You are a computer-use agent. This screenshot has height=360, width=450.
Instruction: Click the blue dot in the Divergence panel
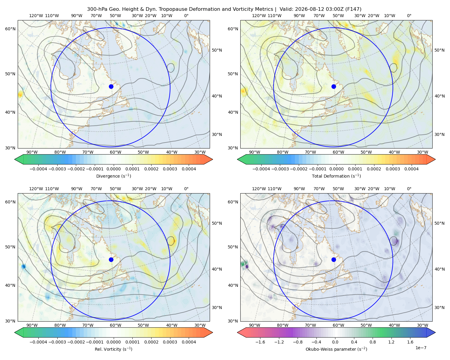tap(111, 86)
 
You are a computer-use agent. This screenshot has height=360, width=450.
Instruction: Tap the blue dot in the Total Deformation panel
tap(334, 86)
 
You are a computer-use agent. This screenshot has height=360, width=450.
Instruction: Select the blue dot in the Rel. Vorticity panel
tap(111, 259)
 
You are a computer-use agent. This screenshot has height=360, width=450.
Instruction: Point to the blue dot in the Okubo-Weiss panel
tap(334, 259)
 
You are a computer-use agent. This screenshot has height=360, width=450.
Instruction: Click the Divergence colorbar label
tap(113, 176)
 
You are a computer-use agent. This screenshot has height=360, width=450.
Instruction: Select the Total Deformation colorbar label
tap(336, 176)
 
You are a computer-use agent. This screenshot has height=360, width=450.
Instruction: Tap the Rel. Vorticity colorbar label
tap(113, 349)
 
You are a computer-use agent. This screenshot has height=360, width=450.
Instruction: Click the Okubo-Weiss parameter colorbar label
tap(336, 349)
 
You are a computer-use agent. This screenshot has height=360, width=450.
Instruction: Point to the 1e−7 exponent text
tap(421, 348)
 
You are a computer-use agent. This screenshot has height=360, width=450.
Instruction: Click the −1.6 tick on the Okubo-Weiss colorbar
tap(260, 342)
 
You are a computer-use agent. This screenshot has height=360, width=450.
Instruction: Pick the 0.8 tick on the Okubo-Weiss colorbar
tap(373, 342)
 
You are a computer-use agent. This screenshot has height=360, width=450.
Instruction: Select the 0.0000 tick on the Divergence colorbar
tap(113, 169)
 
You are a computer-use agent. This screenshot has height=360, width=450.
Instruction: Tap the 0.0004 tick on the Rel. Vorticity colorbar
tap(189, 342)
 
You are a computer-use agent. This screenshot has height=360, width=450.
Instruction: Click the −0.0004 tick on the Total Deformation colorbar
tap(261, 169)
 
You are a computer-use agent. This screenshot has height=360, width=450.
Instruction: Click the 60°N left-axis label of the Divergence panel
tap(10, 29)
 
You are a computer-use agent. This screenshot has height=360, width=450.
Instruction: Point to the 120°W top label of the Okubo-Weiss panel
tap(259, 188)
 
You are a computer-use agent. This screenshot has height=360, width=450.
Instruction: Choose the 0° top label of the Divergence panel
tap(186, 16)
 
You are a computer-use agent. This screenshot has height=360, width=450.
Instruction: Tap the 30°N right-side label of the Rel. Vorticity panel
tap(217, 307)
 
